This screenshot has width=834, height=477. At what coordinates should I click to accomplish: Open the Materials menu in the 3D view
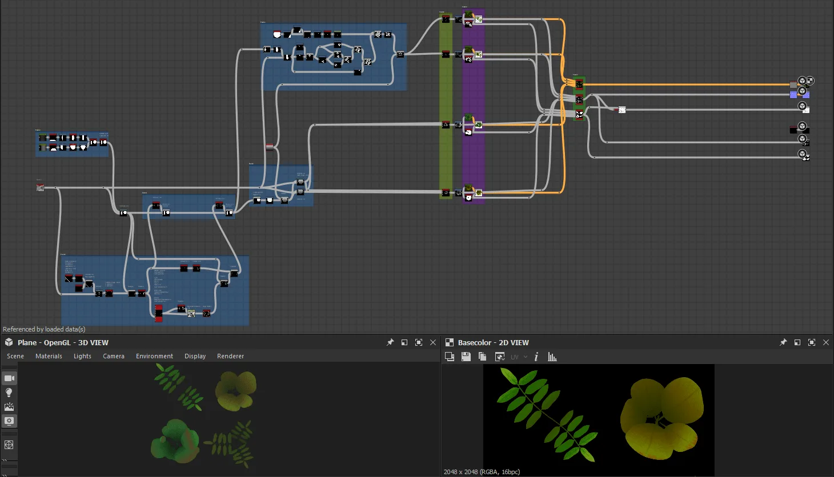49,356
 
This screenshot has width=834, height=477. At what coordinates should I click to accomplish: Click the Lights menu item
82,356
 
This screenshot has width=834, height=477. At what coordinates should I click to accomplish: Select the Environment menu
154,356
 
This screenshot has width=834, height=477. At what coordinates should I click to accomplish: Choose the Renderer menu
230,356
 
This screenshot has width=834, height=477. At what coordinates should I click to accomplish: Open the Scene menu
15,356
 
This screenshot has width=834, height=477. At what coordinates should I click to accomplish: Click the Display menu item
195,356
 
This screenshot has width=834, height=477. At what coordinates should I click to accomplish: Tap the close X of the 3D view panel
433,342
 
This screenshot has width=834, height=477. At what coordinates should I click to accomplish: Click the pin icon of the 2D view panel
783,342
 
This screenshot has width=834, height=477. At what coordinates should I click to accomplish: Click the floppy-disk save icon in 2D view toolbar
466,357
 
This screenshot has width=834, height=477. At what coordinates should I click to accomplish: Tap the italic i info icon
536,357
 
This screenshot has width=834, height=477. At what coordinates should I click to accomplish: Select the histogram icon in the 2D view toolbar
552,357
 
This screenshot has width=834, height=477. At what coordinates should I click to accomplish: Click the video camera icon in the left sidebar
9,378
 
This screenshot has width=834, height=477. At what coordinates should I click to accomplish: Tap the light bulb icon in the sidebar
9,393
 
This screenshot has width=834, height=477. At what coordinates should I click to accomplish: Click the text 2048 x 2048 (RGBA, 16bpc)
482,472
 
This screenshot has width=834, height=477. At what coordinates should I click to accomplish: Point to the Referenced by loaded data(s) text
44,329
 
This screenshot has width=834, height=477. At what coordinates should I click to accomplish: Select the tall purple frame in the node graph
474,154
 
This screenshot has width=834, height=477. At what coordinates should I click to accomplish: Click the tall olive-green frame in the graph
446,154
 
